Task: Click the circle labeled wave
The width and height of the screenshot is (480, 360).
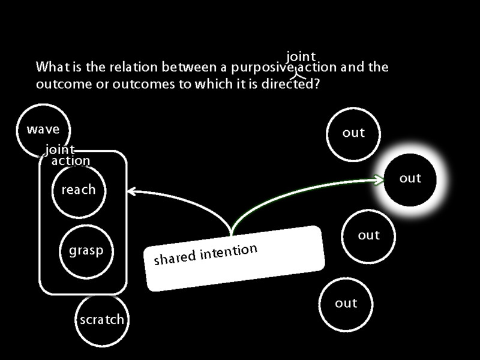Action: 43,130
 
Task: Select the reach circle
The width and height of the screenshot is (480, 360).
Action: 79,190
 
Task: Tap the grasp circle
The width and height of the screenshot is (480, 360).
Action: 86,251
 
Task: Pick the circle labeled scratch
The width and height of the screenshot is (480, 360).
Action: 101,319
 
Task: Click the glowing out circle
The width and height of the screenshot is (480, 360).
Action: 410,178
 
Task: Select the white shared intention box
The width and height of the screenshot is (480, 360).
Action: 235,258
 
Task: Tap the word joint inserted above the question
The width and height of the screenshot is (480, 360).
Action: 301,57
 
